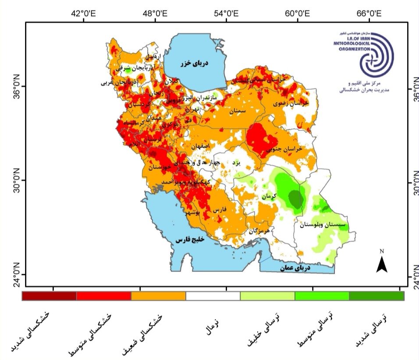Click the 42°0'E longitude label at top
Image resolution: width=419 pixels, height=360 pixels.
coord(83,13)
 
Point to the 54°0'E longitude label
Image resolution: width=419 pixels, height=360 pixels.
coord(226,13)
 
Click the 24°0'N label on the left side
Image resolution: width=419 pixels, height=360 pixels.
coord(12,275)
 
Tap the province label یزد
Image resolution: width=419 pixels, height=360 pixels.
coord(236,163)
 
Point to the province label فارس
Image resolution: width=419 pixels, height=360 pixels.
coord(219,210)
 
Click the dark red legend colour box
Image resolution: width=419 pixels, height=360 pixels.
coord(49,296)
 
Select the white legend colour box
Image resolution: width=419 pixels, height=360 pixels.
coord(213,296)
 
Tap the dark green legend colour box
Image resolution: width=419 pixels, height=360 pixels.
coord(376,296)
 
